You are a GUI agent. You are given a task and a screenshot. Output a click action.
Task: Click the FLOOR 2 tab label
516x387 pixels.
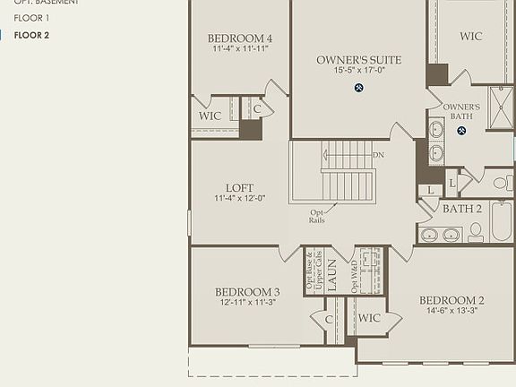pos(31,35)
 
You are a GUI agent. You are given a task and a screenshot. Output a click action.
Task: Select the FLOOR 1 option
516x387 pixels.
pos(31,18)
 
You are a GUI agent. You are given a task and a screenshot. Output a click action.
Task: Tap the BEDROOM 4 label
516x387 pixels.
pos(239,38)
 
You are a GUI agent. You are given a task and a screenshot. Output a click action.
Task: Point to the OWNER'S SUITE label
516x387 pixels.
pos(358,60)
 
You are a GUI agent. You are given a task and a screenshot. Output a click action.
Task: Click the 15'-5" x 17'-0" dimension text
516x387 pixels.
pos(358,70)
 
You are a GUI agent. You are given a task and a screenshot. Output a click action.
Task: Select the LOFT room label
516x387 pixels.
pos(239,188)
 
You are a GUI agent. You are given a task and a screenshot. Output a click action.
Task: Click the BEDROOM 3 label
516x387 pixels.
pos(247,292)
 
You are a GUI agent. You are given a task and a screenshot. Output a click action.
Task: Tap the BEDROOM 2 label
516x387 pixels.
pos(451,300)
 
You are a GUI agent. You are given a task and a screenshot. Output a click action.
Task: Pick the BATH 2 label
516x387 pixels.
pos(462,209)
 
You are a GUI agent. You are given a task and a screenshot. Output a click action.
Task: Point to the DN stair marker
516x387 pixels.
pos(378,154)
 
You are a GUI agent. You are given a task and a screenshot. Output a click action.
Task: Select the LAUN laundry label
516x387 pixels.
pos(331,272)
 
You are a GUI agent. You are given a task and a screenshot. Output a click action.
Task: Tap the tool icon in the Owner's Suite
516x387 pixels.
pos(359,88)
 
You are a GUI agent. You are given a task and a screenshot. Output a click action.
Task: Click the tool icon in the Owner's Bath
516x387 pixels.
pos(461,131)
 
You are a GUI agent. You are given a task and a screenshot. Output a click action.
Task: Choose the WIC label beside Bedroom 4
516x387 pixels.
pos(210,116)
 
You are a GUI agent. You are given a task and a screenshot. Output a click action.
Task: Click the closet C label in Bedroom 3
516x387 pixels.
pos(329,319)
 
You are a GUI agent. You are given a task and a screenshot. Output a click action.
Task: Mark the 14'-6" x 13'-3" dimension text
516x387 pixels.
pos(451,311)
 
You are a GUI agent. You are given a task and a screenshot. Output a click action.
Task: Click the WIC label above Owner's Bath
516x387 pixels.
pos(471,37)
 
